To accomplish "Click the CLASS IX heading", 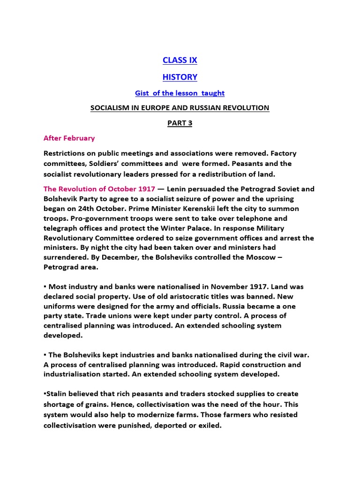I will point(180,60).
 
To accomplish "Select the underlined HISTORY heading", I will point(180,77).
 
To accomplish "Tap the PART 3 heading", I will point(180,123).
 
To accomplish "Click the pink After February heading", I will point(69,138).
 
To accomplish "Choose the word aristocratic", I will point(169,296).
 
